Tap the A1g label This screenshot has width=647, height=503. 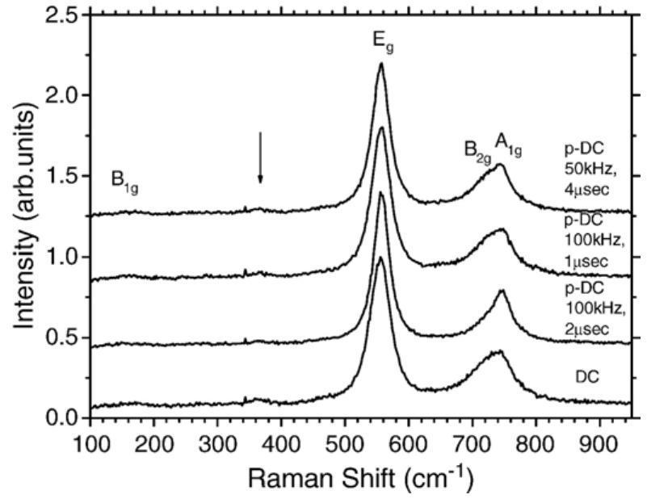[x=509, y=145]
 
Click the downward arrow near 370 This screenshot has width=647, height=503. [x=260, y=157]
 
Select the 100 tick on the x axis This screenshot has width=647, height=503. [x=90, y=445]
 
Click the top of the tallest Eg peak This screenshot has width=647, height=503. [x=380, y=64]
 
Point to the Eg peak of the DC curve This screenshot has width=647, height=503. [x=380, y=258]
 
